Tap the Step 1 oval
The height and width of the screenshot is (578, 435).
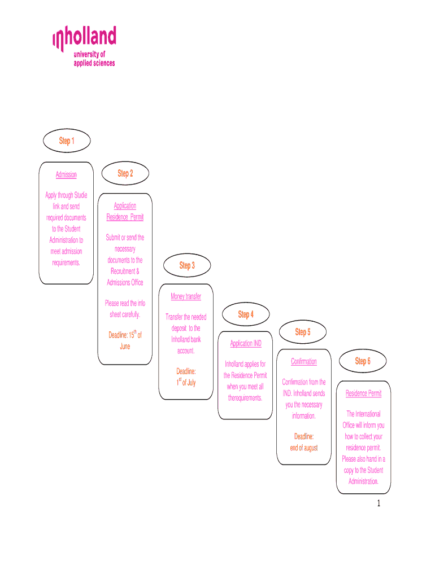pos(67,141)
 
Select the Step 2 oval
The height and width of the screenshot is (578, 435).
pos(125,173)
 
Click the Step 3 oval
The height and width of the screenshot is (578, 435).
pos(187,265)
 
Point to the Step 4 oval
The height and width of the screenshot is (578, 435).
pos(246,314)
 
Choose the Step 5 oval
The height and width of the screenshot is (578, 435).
pos(303,332)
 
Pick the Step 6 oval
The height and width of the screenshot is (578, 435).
pos(363,361)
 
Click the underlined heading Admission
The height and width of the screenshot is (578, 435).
pos(66,174)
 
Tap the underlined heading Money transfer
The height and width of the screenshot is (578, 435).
pos(186,296)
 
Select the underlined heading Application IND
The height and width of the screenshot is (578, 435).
pos(246,343)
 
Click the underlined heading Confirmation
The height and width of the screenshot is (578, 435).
pos(304,361)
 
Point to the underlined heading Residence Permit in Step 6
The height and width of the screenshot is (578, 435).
pos(363,393)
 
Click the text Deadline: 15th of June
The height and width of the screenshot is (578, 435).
pos(125,340)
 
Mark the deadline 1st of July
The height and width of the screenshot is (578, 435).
pos(186,382)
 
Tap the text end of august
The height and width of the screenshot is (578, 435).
pos(304,448)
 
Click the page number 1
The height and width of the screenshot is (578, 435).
pos(379,503)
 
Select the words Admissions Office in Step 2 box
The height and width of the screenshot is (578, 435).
pos(125,282)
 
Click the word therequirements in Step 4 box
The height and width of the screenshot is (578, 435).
pos(245,398)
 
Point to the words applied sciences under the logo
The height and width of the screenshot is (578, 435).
pos(94,63)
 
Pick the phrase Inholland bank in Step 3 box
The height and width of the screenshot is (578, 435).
pos(186,339)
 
